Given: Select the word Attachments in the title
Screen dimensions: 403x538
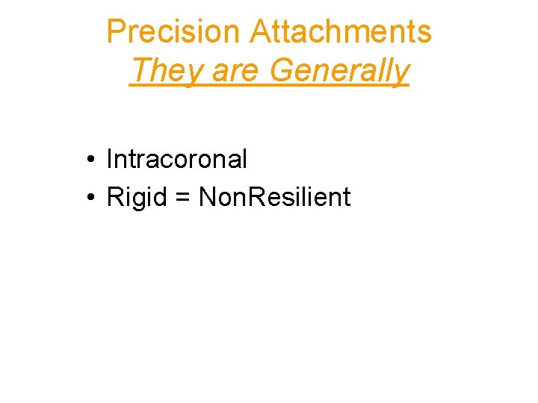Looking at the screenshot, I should (x=341, y=32).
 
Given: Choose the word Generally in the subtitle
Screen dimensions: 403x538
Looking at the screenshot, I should (x=339, y=71).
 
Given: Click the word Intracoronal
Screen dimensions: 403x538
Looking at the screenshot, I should (x=177, y=159).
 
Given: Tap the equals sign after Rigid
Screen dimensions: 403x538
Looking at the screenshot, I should (x=185, y=198).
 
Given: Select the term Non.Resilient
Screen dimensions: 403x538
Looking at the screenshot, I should (x=274, y=197).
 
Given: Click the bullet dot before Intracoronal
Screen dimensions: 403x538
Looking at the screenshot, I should (x=89, y=160).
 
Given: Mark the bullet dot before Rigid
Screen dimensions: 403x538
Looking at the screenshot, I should (x=89, y=198).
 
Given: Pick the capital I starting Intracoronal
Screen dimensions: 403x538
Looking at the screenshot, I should (x=110, y=159).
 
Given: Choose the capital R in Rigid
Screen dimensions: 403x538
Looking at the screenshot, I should (x=115, y=197).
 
